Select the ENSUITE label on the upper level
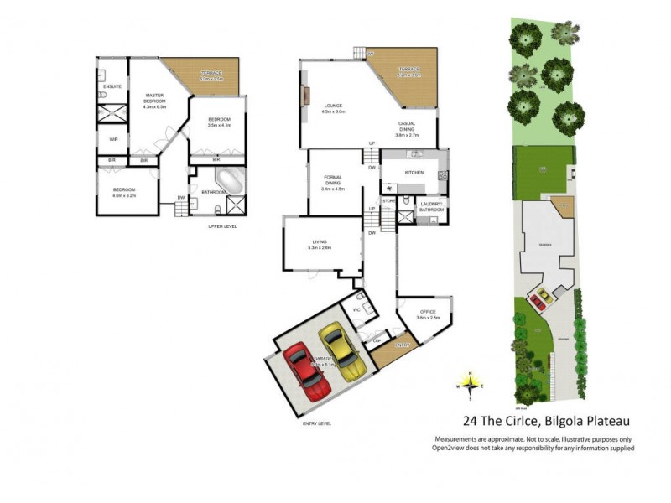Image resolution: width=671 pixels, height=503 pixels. pos(112,86)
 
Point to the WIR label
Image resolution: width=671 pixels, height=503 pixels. pos(112,139)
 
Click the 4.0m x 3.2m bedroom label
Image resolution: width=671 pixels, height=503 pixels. pos(123,192)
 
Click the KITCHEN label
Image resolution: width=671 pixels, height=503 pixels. pos(414,173)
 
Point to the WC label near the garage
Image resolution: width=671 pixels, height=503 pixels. pos(356,309)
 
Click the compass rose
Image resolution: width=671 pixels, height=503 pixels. pos(470,385)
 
